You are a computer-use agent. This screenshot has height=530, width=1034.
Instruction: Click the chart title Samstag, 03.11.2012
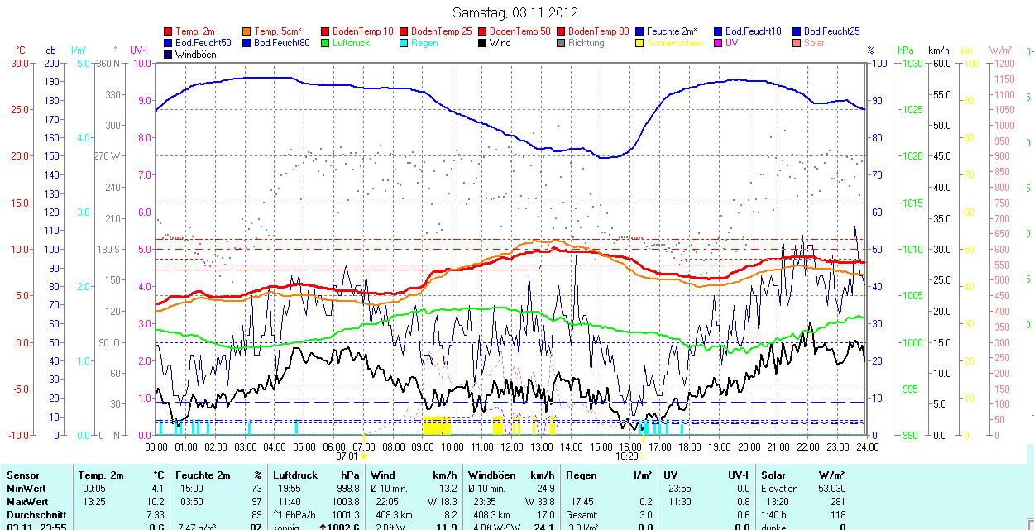(515, 12)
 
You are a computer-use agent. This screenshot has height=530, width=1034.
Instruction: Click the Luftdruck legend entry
(350, 43)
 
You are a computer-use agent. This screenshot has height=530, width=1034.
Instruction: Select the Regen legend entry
(424, 43)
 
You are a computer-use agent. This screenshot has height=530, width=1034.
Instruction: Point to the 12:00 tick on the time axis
(512, 446)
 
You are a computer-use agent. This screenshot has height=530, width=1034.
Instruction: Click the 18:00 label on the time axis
(690, 446)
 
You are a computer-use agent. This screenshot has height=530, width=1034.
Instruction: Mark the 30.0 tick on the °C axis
(19, 63)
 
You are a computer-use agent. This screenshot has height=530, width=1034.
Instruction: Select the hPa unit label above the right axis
(907, 50)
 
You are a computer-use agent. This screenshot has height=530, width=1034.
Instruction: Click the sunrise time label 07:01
(347, 456)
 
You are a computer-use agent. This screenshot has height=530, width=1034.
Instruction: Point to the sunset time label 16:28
(627, 456)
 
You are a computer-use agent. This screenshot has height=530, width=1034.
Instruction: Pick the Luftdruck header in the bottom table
(295, 475)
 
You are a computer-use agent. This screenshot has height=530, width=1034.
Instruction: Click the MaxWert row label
(27, 502)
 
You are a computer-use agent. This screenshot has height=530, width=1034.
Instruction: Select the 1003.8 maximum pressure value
(345, 502)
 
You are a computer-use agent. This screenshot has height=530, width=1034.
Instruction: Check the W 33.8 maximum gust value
(535, 502)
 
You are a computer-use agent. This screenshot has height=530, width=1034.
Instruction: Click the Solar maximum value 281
(837, 502)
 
